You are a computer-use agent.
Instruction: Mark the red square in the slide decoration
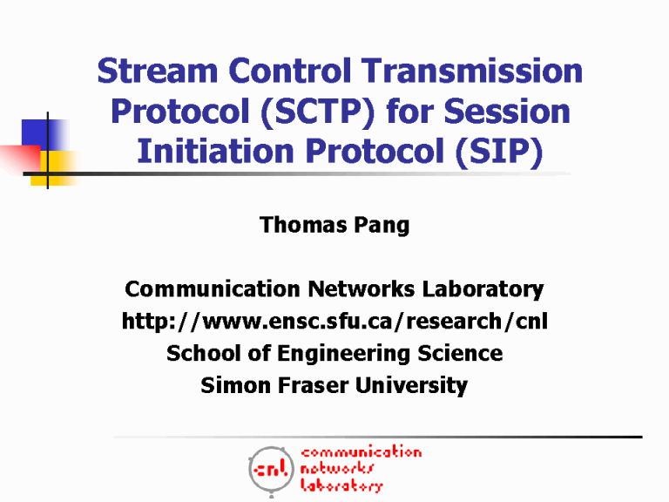click(19, 158)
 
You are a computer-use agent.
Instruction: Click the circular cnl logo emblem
click(270, 471)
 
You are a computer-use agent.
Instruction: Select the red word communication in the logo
click(361, 452)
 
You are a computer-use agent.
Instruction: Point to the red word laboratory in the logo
click(341, 486)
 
